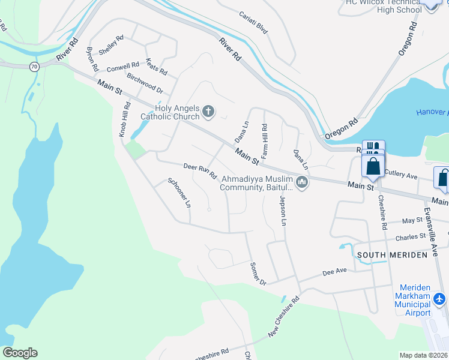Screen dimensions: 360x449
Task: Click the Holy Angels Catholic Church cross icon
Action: [208, 110]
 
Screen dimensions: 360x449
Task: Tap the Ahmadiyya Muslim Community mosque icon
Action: [302, 181]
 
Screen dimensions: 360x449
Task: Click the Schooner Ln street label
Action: [179, 193]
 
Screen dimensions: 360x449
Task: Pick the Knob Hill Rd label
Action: [125, 119]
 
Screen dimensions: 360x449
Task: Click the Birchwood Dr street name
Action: [145, 83]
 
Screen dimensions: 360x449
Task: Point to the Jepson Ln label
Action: [282, 209]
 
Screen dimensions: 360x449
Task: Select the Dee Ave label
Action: [335, 272]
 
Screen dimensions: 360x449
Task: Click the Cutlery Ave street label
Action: [400, 176]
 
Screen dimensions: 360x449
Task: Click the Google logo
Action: [20, 353]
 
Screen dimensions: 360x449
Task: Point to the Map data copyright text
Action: [423, 355]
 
